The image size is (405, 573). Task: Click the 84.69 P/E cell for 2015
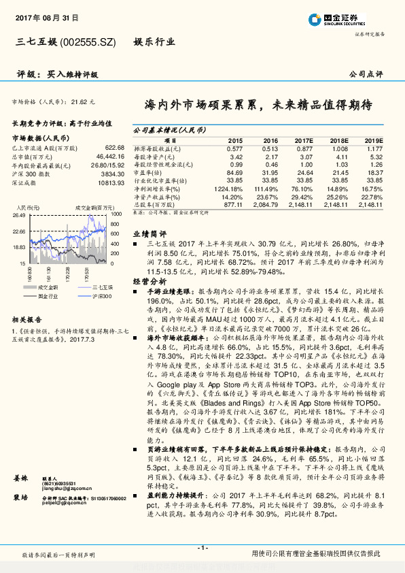[234, 173]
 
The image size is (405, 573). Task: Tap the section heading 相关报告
[28, 318]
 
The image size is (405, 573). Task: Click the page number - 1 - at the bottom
[202, 548]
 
